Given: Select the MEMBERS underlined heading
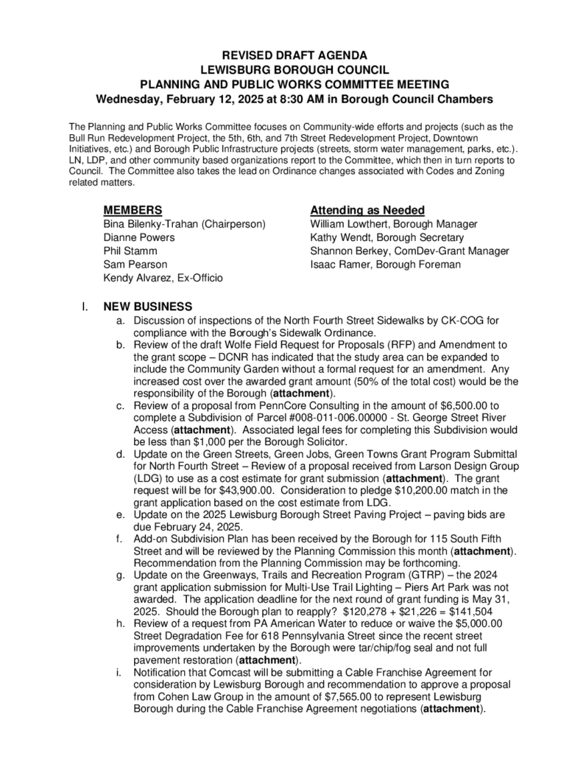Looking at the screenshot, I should (x=133, y=210).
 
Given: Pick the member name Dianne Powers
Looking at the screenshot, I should (x=139, y=237).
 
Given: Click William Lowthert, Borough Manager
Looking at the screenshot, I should (x=394, y=224).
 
